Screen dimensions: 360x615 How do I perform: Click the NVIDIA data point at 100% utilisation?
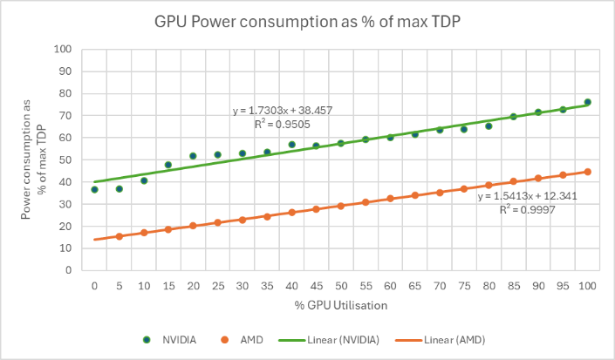(587, 102)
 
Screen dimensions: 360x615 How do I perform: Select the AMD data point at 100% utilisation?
(587, 172)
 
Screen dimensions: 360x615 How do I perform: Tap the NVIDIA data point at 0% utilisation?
(94, 189)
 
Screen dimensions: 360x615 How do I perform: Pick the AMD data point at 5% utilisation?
(119, 236)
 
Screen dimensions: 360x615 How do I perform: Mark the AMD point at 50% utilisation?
(341, 206)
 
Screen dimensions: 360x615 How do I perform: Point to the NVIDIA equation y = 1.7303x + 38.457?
(283, 112)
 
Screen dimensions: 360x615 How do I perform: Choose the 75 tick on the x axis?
(464, 285)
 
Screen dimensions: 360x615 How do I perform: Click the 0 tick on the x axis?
(94, 285)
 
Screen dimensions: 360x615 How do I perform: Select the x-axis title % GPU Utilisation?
(340, 306)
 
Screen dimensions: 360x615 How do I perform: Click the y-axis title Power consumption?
(32, 159)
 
